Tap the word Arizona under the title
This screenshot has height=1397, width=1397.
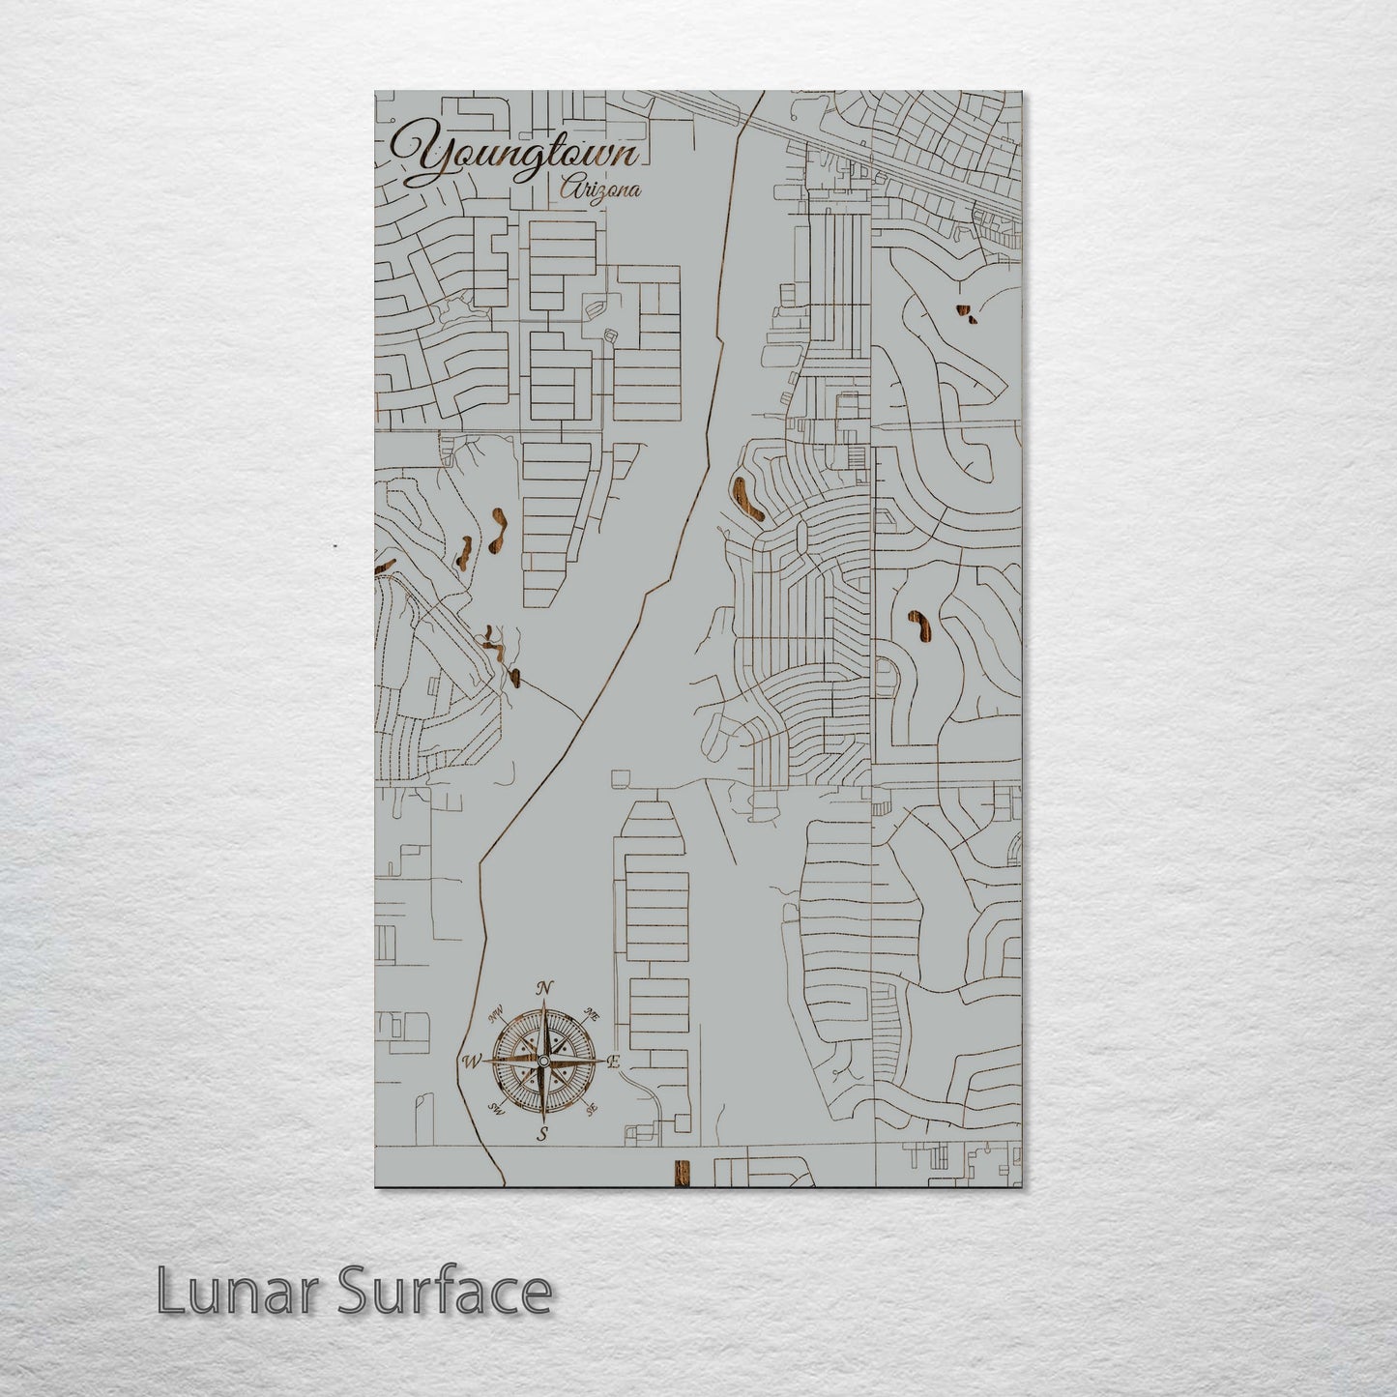click(x=600, y=190)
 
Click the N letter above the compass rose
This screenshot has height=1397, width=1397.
click(x=543, y=987)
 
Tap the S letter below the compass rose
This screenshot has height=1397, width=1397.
click(x=543, y=1135)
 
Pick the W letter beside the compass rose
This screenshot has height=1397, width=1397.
click(x=472, y=1062)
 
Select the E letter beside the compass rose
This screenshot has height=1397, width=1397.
click(x=613, y=1062)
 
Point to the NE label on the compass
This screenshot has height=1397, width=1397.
click(x=592, y=1016)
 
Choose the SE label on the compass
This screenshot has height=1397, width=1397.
click(x=591, y=1108)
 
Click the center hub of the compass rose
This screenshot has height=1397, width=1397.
click(x=543, y=1062)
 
